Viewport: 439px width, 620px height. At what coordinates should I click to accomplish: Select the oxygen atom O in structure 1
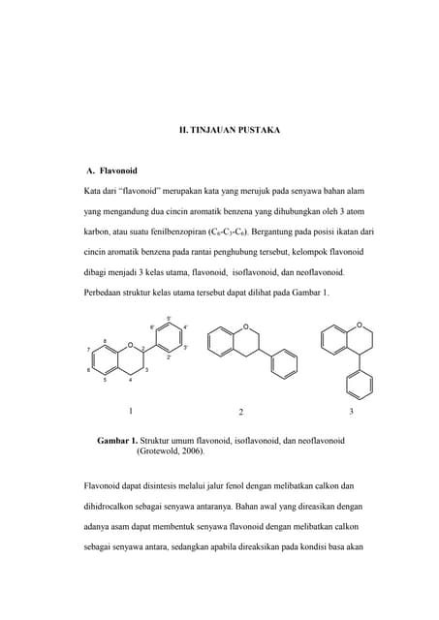[x=130, y=344]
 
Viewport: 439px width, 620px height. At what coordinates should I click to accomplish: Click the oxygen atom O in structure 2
[x=246, y=327]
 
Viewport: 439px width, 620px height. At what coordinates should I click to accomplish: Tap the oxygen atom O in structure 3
[x=359, y=325]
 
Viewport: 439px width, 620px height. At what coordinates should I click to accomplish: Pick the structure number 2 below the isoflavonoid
[x=240, y=412]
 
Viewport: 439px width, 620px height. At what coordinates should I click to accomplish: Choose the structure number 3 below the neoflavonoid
[x=351, y=412]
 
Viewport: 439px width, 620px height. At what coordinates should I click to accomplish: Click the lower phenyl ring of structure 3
[x=359, y=385]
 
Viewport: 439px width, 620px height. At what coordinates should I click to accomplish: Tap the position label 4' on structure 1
[x=185, y=327]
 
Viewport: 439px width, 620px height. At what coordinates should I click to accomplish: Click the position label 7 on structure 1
[x=88, y=350]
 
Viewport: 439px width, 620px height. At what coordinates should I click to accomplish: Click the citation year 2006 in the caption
[x=192, y=451]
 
